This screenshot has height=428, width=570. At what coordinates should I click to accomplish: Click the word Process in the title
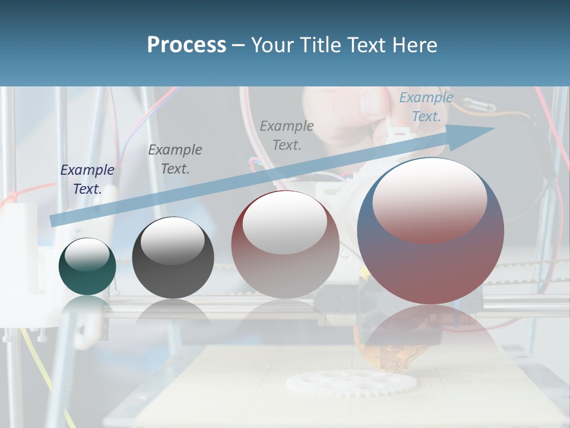186,45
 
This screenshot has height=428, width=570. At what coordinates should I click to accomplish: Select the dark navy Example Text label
87,180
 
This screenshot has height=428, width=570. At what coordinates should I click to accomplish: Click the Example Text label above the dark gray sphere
175,159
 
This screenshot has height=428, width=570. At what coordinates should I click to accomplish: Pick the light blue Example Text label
426,107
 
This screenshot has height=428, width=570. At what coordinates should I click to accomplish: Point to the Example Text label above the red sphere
287,135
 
